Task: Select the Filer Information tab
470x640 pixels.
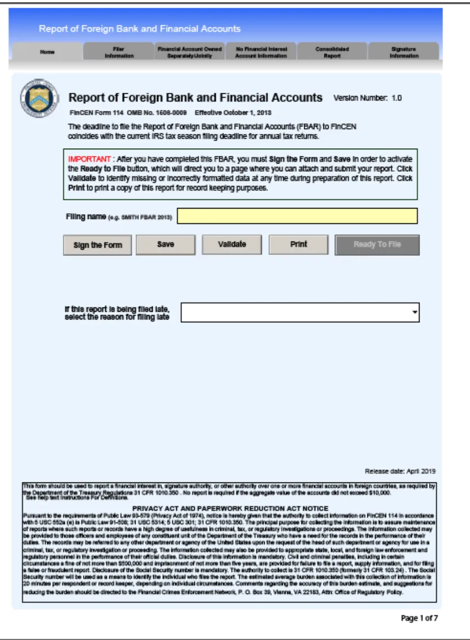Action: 119,52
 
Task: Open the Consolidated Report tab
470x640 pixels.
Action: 332,52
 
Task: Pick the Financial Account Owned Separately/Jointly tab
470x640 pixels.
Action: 189,52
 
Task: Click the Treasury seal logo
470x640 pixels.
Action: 38,98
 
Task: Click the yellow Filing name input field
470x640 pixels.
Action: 297,216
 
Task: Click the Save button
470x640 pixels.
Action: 165,245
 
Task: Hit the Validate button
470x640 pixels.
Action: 232,245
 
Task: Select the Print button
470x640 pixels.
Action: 298,245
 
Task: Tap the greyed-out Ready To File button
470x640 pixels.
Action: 377,245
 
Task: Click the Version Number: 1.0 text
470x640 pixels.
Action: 367,98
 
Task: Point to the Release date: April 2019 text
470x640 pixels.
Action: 400,471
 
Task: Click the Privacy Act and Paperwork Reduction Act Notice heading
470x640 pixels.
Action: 230,508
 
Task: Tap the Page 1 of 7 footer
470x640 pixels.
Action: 419,619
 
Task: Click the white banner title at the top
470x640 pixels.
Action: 139,29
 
